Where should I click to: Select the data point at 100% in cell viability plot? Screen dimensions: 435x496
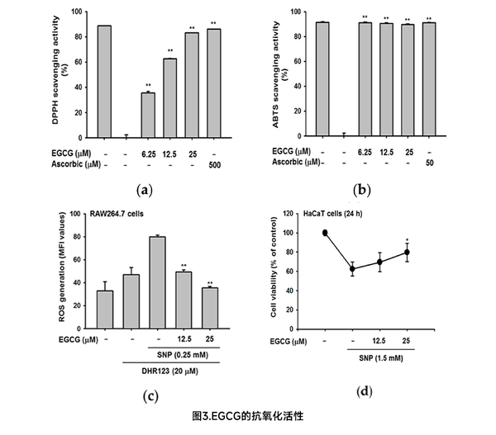tap(325, 233)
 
